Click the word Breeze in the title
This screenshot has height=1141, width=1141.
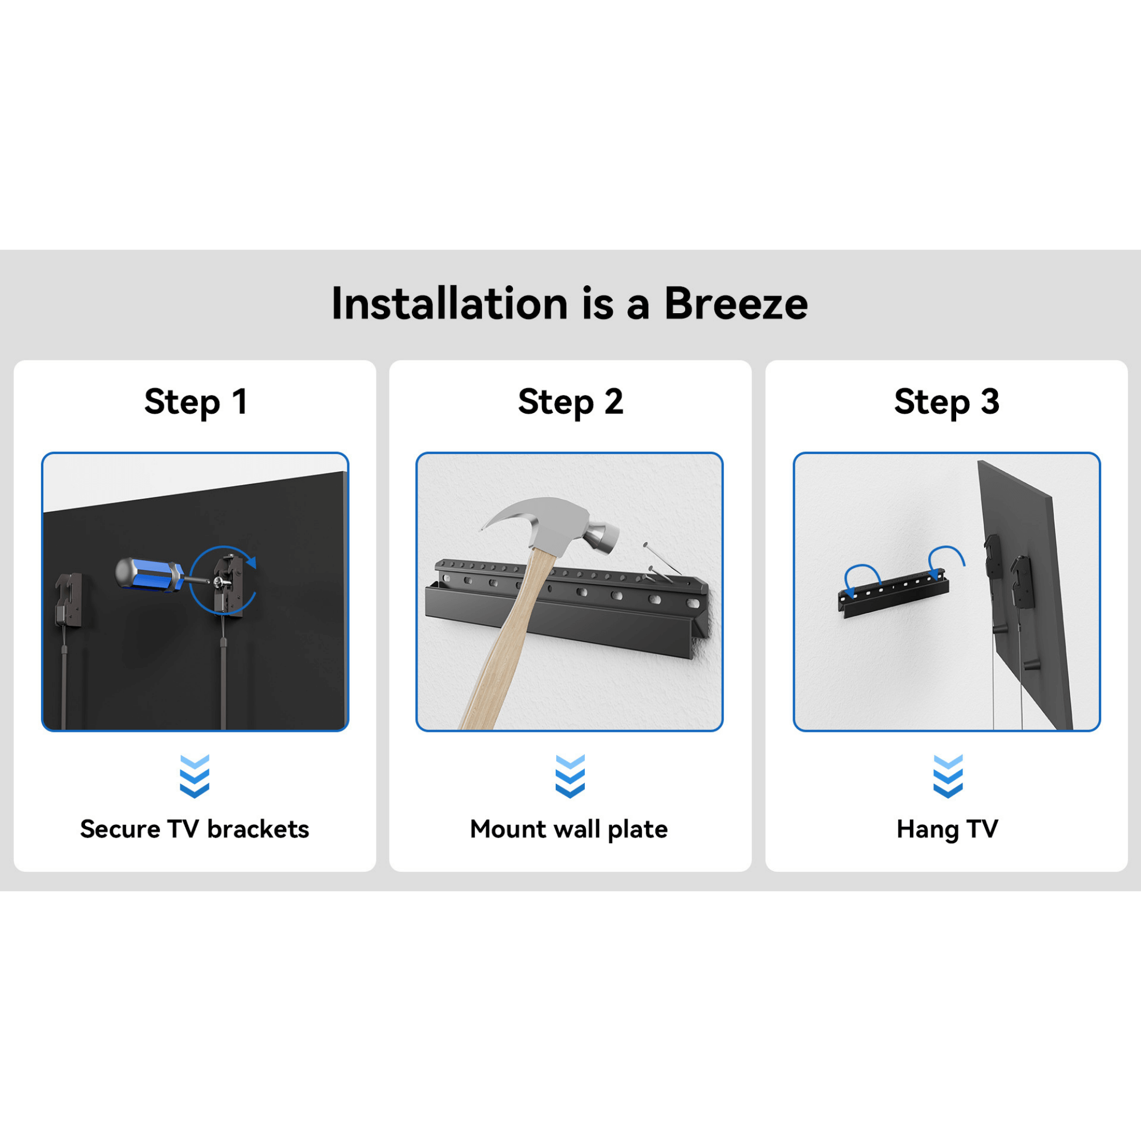coord(735,304)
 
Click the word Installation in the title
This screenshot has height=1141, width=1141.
coord(450,304)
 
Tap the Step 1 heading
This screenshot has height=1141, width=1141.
coord(196,402)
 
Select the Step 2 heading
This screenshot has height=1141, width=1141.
coord(570,402)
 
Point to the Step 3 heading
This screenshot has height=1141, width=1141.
coord(946,402)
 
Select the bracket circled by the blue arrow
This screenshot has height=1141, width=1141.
coord(229,585)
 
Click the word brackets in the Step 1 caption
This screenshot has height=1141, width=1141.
coord(258,829)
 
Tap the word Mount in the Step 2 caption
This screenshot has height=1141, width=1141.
coord(508,829)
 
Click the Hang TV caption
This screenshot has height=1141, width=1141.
coord(946,829)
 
